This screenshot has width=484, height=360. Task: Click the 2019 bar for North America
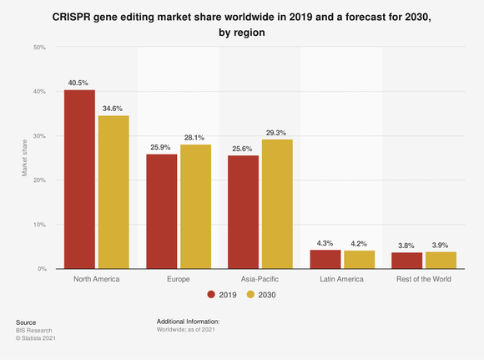[79, 180]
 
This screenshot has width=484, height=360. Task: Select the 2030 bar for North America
[113, 192]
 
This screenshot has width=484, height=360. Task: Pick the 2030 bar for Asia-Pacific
[276, 204]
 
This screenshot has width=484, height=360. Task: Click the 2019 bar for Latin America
[325, 259]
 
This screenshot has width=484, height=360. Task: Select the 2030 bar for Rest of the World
[440, 260]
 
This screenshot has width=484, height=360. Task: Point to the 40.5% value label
[79, 83]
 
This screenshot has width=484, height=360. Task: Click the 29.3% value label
[276, 132]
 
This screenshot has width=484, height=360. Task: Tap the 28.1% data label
[194, 138]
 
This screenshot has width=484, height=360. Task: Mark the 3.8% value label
[406, 246]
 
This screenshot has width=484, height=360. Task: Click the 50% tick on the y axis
[39, 48]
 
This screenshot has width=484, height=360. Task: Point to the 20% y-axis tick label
[39, 180]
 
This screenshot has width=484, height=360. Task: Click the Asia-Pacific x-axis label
[260, 279]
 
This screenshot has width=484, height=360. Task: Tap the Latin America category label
[341, 279]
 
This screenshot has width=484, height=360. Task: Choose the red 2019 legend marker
[211, 295]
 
